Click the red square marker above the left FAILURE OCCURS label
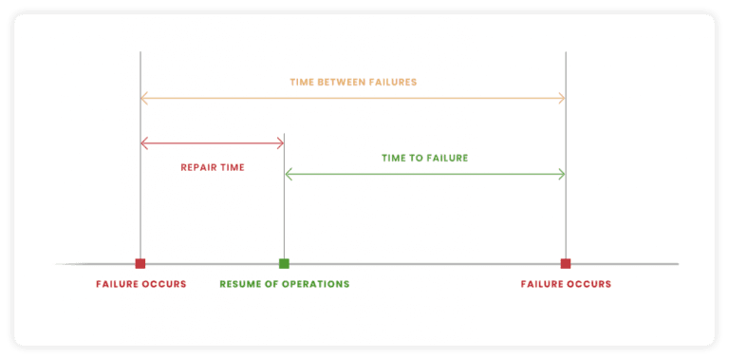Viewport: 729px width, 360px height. pyautogui.click(x=140, y=263)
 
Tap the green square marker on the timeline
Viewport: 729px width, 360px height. pyautogui.click(x=284, y=263)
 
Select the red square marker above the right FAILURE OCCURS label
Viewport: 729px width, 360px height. pyautogui.click(x=566, y=263)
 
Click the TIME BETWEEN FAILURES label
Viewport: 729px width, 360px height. pyautogui.click(x=353, y=83)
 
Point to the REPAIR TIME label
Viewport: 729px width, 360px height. pyautogui.click(x=213, y=167)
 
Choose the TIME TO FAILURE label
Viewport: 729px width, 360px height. pyautogui.click(x=424, y=158)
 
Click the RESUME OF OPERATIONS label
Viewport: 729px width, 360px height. pyautogui.click(x=284, y=284)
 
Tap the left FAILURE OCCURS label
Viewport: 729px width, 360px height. pyautogui.click(x=141, y=284)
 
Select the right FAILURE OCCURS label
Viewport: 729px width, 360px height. pyautogui.click(x=566, y=284)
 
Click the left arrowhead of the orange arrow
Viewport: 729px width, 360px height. pyautogui.click(x=143, y=98)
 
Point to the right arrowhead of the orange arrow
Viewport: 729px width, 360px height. pyautogui.click(x=563, y=98)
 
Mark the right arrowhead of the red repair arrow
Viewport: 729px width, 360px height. pyautogui.click(x=281, y=143)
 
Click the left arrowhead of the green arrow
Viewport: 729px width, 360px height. pyautogui.click(x=288, y=174)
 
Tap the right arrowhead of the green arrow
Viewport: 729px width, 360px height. pyautogui.click(x=563, y=174)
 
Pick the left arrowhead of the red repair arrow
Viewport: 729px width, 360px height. pyautogui.click(x=143, y=143)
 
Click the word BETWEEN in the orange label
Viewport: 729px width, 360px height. pyautogui.click(x=346, y=83)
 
